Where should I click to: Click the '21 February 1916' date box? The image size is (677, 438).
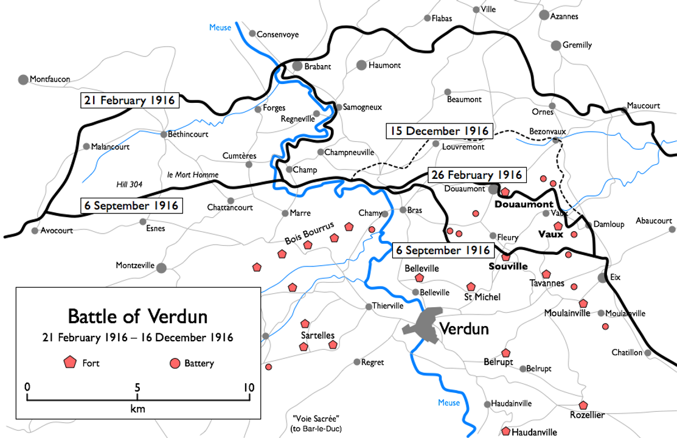[130, 100]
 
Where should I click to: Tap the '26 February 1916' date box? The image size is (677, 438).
[476, 175]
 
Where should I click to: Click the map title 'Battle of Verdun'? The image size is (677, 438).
[137, 316]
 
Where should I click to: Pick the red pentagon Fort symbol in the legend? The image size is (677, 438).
[70, 363]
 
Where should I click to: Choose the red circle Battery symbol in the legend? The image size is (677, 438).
[175, 363]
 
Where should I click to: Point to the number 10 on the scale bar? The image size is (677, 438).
[248, 387]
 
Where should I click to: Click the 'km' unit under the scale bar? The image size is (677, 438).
[137, 409]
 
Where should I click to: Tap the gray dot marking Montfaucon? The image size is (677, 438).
[23, 79]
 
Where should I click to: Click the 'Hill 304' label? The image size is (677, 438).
[130, 184]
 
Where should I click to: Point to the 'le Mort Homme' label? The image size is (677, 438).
[192, 175]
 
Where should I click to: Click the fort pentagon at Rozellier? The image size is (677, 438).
[583, 405]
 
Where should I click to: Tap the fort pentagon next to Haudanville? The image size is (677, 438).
[505, 431]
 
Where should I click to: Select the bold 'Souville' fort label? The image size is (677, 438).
[508, 266]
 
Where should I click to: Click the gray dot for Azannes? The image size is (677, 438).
[544, 15]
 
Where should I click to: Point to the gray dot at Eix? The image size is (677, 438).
[602, 277]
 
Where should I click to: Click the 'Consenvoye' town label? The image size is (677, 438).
[277, 35]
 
